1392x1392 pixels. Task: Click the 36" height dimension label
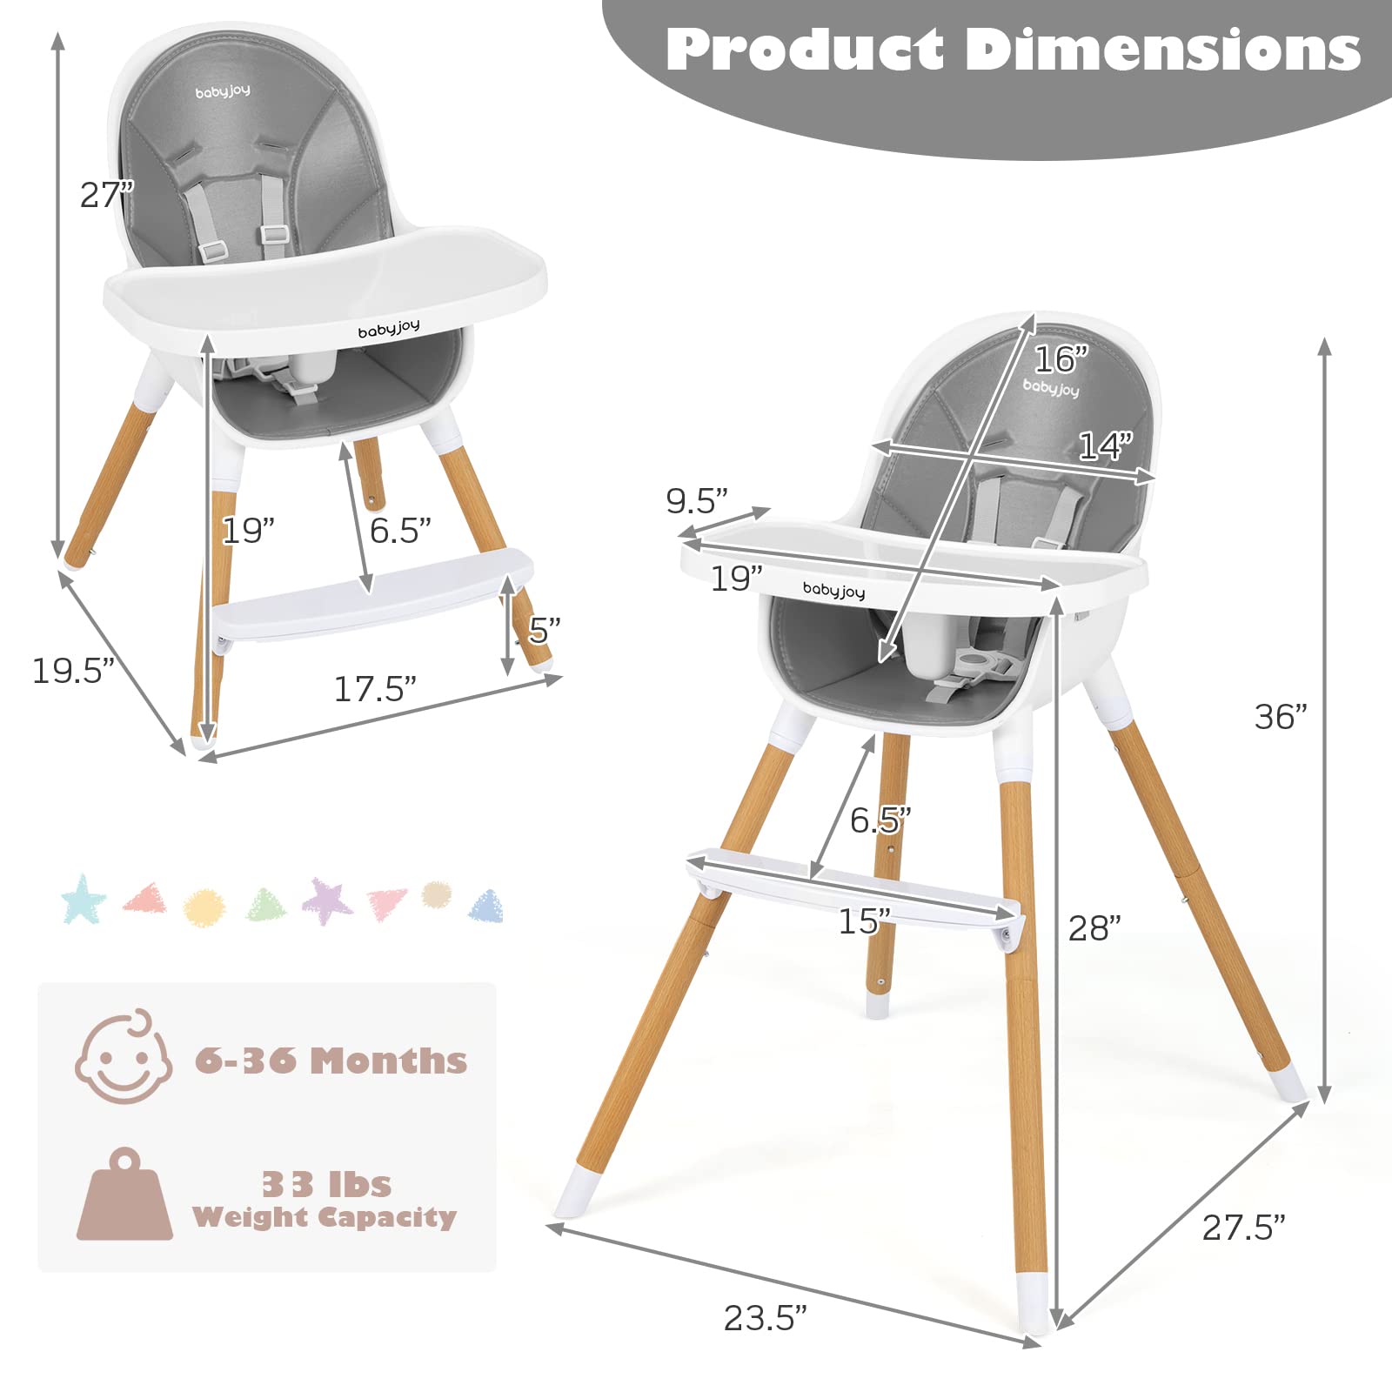[1281, 717]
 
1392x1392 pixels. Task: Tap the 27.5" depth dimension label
[1242, 1228]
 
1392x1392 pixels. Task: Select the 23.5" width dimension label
[765, 1317]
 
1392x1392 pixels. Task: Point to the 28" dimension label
[1094, 928]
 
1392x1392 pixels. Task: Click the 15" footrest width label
[864, 921]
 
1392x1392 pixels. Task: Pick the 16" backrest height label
[1061, 358]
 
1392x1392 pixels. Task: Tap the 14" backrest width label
[1105, 445]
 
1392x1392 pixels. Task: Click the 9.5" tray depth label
[696, 500]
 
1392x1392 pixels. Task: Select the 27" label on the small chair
[107, 195]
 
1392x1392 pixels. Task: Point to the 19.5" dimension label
[73, 671]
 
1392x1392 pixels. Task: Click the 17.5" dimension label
[375, 689]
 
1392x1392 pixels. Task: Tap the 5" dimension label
[544, 630]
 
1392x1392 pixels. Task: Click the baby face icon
[123, 1057]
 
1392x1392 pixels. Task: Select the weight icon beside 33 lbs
[124, 1195]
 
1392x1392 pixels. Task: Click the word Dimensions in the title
[1163, 50]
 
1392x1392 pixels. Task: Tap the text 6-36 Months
[331, 1061]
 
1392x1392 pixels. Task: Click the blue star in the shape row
[84, 900]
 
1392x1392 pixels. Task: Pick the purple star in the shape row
[327, 901]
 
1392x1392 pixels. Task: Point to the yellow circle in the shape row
[204, 907]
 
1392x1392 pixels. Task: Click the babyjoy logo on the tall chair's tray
[833, 590]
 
